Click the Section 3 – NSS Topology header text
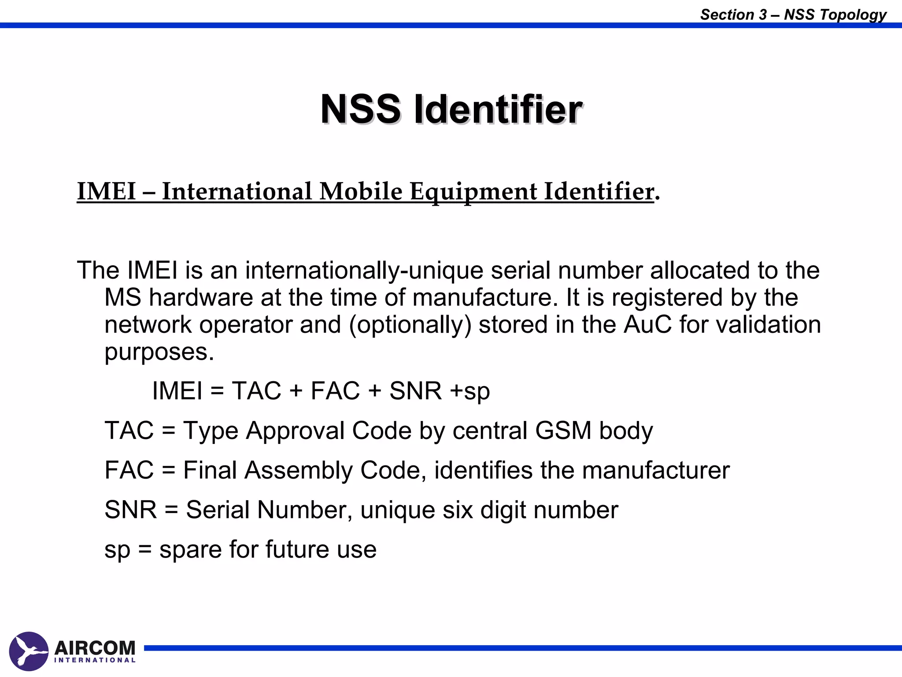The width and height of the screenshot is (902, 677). click(x=793, y=15)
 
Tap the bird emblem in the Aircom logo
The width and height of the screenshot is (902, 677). click(x=29, y=651)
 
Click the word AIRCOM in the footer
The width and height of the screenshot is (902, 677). click(x=95, y=648)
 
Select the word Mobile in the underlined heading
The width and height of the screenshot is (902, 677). click(x=361, y=192)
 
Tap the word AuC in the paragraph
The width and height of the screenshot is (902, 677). click(x=648, y=325)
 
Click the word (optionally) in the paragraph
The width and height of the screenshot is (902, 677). click(x=410, y=325)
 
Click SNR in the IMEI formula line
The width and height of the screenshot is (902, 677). click(x=415, y=391)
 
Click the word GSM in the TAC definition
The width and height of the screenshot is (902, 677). click(x=563, y=431)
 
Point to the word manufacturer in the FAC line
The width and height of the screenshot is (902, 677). click(x=656, y=470)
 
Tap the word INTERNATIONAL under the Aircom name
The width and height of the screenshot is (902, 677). click(x=95, y=660)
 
